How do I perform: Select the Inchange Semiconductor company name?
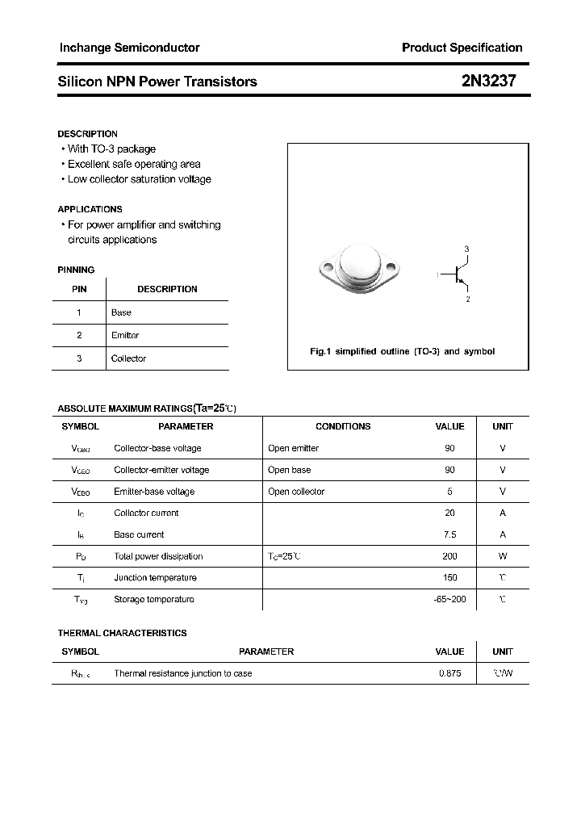click(x=129, y=48)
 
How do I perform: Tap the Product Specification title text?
click(x=462, y=48)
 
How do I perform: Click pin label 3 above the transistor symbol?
click(x=466, y=249)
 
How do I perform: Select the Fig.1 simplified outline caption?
click(x=402, y=351)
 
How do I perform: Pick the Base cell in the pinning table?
click(x=121, y=312)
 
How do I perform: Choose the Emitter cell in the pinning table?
click(x=125, y=335)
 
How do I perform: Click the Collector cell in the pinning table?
click(x=128, y=358)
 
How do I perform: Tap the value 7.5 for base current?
click(x=449, y=534)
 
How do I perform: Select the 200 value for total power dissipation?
click(x=449, y=556)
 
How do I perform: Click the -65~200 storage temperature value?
click(x=449, y=599)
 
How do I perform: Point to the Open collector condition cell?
click(x=296, y=492)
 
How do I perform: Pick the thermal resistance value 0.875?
click(x=449, y=673)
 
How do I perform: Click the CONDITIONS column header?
click(x=343, y=426)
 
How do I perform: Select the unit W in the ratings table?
click(x=503, y=556)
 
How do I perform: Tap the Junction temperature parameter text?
click(x=155, y=577)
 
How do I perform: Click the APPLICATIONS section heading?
click(x=90, y=209)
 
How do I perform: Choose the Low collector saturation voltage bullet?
click(x=139, y=179)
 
